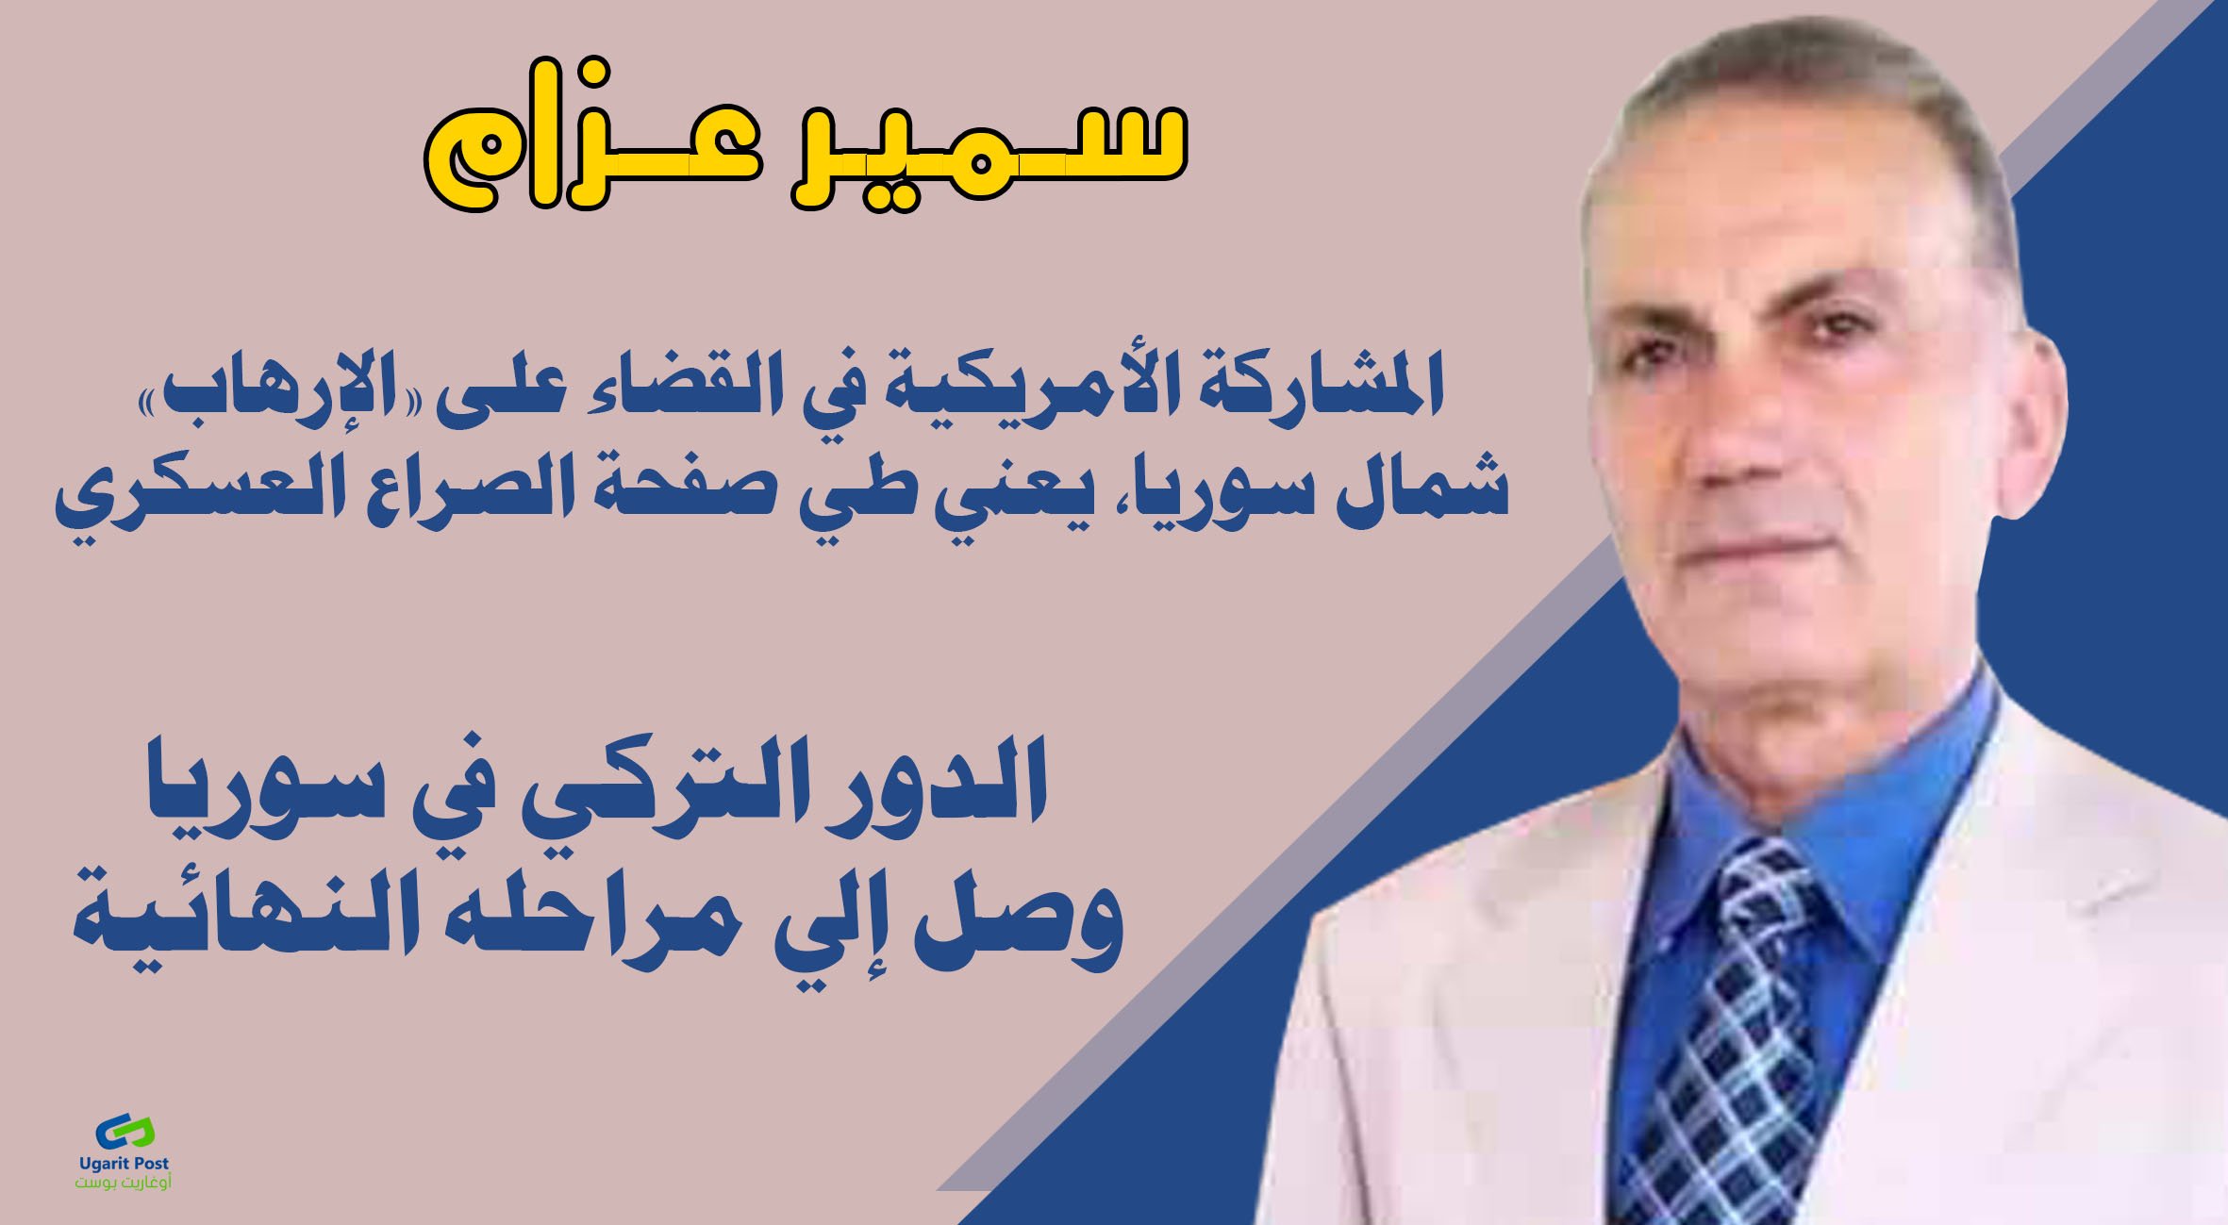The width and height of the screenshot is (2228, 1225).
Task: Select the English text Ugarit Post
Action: pyautogui.click(x=125, y=1165)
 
